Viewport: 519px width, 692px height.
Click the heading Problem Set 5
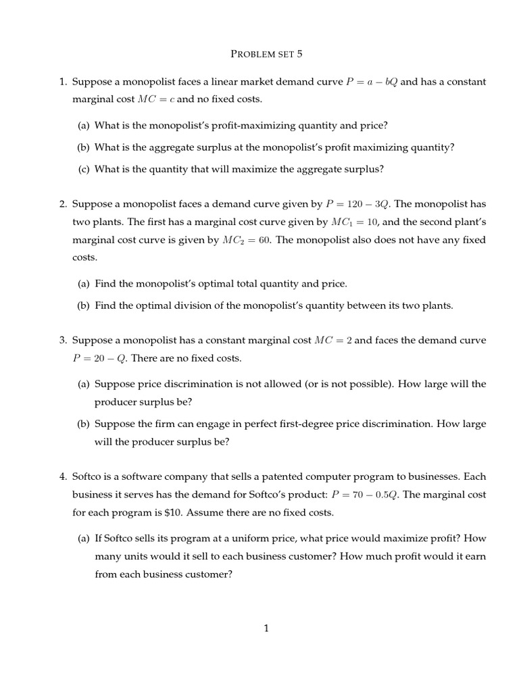click(259, 53)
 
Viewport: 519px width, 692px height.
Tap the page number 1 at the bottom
click(266, 628)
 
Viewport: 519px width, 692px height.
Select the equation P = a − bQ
click(371, 82)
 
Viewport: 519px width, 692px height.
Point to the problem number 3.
click(61, 340)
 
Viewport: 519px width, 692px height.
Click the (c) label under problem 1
click(84, 169)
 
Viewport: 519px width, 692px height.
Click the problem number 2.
click(61, 204)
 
